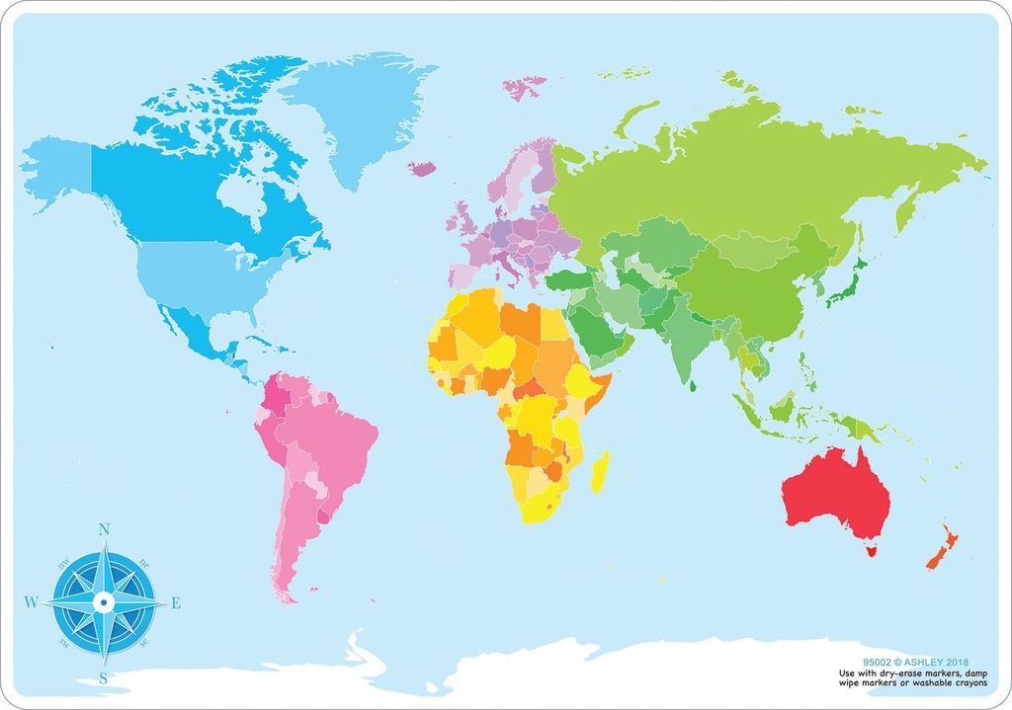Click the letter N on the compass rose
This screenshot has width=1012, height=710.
[104, 529]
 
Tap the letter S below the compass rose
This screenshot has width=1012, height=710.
[103, 677]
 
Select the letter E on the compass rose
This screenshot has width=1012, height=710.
[176, 602]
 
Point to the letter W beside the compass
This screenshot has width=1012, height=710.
[31, 601]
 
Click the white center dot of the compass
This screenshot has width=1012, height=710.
[103, 601]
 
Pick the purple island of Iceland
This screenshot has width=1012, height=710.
[422, 169]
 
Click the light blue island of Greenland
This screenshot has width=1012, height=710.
[356, 109]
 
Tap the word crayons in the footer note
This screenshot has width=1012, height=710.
[969, 683]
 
